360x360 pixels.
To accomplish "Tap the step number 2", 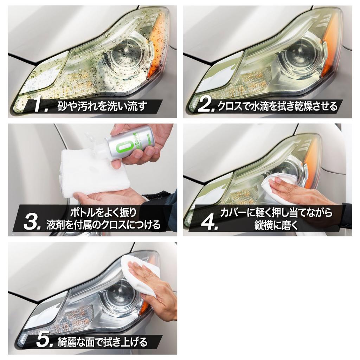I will click(x=205, y=106).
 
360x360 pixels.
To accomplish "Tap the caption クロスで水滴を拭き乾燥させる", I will click(x=277, y=105).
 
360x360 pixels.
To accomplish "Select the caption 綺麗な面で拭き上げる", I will click(x=103, y=341).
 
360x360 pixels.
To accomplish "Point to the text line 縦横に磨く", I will click(x=276, y=225).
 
